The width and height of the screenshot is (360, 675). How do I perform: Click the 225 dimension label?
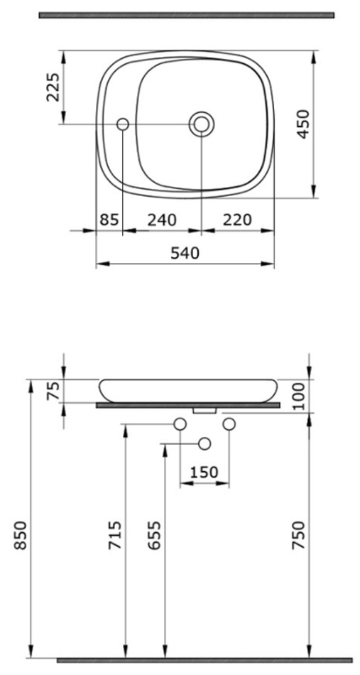point(53,87)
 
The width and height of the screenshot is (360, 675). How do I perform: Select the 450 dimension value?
point(303,124)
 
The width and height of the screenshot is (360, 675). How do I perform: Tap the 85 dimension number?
point(109,220)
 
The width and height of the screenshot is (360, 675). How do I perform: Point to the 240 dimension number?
point(162,220)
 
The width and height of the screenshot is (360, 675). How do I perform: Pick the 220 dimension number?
point(237,220)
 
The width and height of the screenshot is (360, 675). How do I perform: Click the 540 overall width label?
point(185,253)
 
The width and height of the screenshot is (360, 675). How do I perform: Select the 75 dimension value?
point(53,391)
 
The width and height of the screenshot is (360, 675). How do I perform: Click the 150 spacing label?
point(204,472)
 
